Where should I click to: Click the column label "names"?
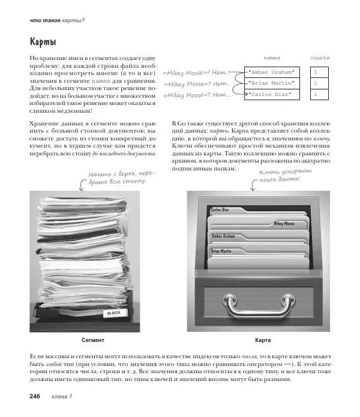pyautogui.click(x=272, y=58)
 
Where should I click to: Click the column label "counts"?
pyautogui.click(x=319, y=58)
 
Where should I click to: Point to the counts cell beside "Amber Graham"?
pyautogui.click(x=319, y=71)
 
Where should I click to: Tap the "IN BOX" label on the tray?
pyautogui.click(x=113, y=313)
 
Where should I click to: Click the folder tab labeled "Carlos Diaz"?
pyautogui.click(x=221, y=209)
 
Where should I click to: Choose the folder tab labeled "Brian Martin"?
pyautogui.click(x=221, y=250)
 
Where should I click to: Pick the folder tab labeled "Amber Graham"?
pyautogui.click(x=223, y=236)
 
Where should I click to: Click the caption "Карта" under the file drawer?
pyautogui.click(x=263, y=340)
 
